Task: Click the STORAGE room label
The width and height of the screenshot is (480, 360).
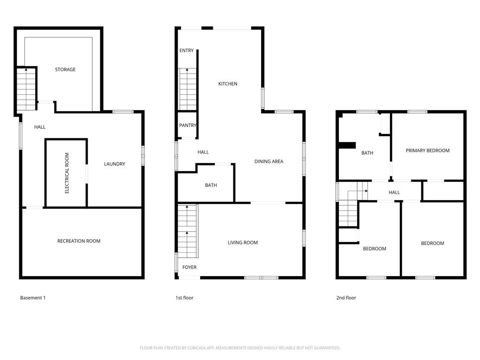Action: [65, 69]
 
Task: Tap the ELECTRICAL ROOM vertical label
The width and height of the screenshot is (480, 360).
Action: [67, 173]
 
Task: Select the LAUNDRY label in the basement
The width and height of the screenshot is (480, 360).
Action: [114, 164]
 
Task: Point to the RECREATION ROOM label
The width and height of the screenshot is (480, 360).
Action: [79, 241]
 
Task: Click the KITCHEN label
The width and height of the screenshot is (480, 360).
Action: [228, 84]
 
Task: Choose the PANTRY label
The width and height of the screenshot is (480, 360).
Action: [187, 126]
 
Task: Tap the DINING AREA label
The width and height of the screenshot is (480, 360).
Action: [269, 162]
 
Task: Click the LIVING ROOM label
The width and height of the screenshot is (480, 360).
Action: [243, 243]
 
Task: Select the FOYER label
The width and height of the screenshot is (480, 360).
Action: [189, 267]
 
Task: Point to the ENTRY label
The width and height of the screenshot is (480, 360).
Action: [187, 51]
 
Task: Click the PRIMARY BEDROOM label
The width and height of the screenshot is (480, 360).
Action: [427, 150]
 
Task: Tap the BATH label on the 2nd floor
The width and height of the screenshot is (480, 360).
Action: [367, 153]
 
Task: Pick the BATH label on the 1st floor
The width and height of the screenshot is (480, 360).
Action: [211, 185]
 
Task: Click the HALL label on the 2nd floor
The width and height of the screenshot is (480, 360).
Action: [394, 192]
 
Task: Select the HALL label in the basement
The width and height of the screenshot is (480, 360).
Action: [40, 127]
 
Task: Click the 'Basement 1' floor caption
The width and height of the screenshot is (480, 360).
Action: [33, 298]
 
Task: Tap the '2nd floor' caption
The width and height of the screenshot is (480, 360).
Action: [346, 298]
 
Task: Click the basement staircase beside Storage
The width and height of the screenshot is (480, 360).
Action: [26, 89]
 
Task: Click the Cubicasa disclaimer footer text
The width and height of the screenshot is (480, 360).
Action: [240, 348]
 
